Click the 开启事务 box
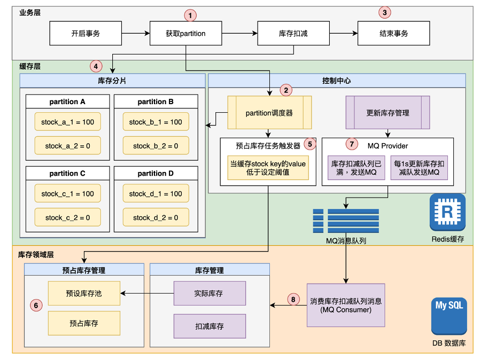tap(86, 33)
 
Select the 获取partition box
tap(185, 33)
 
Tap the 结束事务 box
tap(393, 33)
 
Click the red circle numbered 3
tap(384, 12)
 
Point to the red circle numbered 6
tap(36, 305)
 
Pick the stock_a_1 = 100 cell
tap(68, 122)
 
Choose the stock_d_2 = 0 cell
tap(156, 217)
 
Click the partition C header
tap(68, 174)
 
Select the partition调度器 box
tap(269, 113)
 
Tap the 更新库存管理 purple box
tap(388, 113)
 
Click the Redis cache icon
tap(447, 212)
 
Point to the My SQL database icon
tap(449, 316)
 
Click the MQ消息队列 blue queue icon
tap(346, 221)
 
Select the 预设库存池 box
tap(84, 293)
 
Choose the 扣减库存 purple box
tap(210, 326)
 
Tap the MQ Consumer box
tap(346, 305)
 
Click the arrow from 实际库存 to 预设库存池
tap(147, 293)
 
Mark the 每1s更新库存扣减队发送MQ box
tap(419, 168)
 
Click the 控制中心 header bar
tap(337, 81)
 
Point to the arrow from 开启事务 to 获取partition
tap(136, 33)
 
